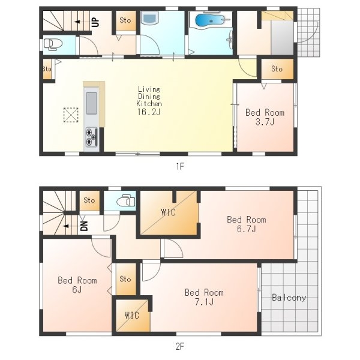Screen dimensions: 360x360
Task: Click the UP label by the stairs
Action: coord(95,22)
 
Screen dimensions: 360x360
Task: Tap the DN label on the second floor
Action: coord(84,226)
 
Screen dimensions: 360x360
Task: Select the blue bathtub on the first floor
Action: coord(209,20)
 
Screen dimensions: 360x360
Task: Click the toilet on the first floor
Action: coord(53,44)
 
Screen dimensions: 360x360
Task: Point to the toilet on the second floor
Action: coord(126,201)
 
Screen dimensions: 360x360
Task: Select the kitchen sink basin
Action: coord(92,103)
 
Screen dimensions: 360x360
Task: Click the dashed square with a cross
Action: coord(71,115)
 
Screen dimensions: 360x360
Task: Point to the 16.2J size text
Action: coord(149,112)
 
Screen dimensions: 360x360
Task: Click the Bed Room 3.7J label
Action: coord(265,117)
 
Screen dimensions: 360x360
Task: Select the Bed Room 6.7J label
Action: coord(247,224)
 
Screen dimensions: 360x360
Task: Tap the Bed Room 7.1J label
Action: coord(204,297)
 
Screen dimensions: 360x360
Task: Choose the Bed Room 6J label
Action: coord(77,285)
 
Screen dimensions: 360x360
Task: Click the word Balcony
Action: coord(289,298)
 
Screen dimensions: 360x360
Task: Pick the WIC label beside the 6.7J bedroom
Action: coord(168,212)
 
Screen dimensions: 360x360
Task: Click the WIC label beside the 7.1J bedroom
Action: coord(132,315)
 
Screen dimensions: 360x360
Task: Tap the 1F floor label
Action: coord(180,166)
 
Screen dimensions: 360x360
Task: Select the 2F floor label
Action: coord(180,346)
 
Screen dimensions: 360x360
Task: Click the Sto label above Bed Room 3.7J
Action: coord(277,68)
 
